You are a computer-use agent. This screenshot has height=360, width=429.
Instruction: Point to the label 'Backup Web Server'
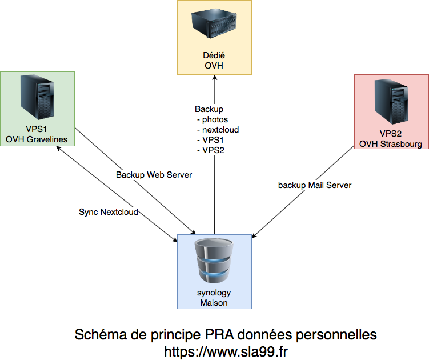154,174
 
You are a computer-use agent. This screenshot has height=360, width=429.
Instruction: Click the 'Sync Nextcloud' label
109,212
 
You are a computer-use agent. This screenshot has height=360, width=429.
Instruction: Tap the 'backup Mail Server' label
315,185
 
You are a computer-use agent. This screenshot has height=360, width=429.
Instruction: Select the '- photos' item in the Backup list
213,119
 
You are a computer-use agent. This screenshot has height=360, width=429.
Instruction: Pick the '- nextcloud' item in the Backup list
218,130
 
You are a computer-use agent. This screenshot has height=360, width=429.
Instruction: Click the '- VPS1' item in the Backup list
210,140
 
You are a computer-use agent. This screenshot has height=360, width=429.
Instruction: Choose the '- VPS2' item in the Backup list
210,150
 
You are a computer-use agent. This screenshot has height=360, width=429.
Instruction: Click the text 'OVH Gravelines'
37,139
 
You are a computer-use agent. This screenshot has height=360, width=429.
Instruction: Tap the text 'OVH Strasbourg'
391,144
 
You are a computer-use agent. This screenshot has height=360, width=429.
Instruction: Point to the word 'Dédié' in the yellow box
214,56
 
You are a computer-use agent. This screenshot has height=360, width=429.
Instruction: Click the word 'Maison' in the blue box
214,303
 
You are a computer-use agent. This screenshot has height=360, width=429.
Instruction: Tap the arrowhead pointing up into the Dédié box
214,78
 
